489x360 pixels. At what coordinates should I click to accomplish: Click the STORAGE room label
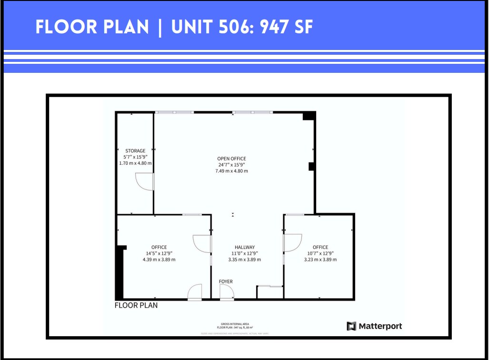(x=135, y=151)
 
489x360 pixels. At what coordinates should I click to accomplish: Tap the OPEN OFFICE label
(x=231, y=159)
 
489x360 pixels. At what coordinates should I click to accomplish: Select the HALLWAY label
(x=245, y=247)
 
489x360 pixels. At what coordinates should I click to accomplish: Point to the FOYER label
(x=226, y=281)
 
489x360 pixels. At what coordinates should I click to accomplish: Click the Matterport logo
(x=374, y=326)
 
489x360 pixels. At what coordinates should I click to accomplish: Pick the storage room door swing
(x=144, y=181)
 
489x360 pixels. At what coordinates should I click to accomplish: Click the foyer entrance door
(x=227, y=292)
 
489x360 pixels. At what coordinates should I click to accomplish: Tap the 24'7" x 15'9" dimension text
(x=231, y=165)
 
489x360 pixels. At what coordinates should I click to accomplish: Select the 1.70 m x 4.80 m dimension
(x=135, y=163)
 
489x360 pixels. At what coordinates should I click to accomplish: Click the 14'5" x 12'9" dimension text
(x=159, y=253)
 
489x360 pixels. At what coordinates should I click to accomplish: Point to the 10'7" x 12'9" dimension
(x=320, y=253)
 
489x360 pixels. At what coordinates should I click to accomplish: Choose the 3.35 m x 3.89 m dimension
(x=245, y=260)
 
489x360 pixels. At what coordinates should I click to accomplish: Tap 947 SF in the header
(x=286, y=27)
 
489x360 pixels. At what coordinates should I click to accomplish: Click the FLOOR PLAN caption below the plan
(x=136, y=305)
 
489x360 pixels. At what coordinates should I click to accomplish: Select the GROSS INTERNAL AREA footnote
(x=235, y=324)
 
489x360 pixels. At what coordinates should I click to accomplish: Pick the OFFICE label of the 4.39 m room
(x=159, y=247)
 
